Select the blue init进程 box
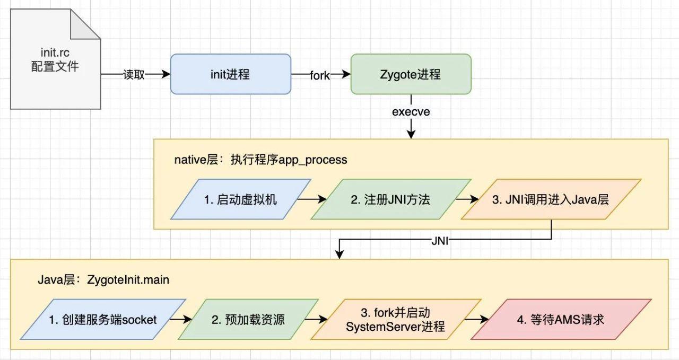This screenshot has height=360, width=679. pos(230,74)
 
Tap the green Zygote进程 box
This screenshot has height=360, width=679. pos(411,74)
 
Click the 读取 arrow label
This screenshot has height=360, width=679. pos(134,75)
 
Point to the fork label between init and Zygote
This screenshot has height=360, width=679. pos(320,75)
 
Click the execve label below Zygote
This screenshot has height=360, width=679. pos(411,112)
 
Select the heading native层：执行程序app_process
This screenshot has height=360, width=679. pos(261,160)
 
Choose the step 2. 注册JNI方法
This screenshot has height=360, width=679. pos(390,199)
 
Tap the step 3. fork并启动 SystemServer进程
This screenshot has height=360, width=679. pos(395,319)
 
